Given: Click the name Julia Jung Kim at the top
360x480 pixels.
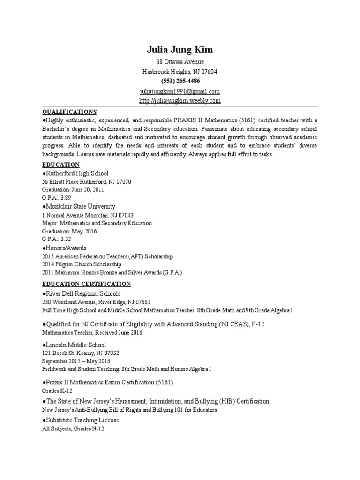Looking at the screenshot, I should click(180, 50).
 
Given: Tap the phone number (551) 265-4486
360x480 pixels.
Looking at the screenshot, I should click(180, 81).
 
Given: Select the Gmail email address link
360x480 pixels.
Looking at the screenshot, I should click(180, 91).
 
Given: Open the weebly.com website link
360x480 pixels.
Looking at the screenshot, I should click(180, 101).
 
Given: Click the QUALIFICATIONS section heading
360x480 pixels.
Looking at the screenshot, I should click(69, 112).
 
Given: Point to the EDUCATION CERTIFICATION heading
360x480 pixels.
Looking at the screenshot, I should click(87, 284).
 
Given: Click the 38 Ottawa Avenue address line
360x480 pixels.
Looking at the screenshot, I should click(180, 62).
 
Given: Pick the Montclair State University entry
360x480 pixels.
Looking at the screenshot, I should click(79, 206).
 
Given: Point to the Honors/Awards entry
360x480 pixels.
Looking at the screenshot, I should click(65, 247).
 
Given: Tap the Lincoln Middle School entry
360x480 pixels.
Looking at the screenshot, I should click(74, 345).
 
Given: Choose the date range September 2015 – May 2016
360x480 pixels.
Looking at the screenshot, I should click(76, 361).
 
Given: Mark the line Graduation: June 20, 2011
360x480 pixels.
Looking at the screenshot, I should click(73, 190).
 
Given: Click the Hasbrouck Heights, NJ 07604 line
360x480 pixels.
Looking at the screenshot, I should click(180, 72).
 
